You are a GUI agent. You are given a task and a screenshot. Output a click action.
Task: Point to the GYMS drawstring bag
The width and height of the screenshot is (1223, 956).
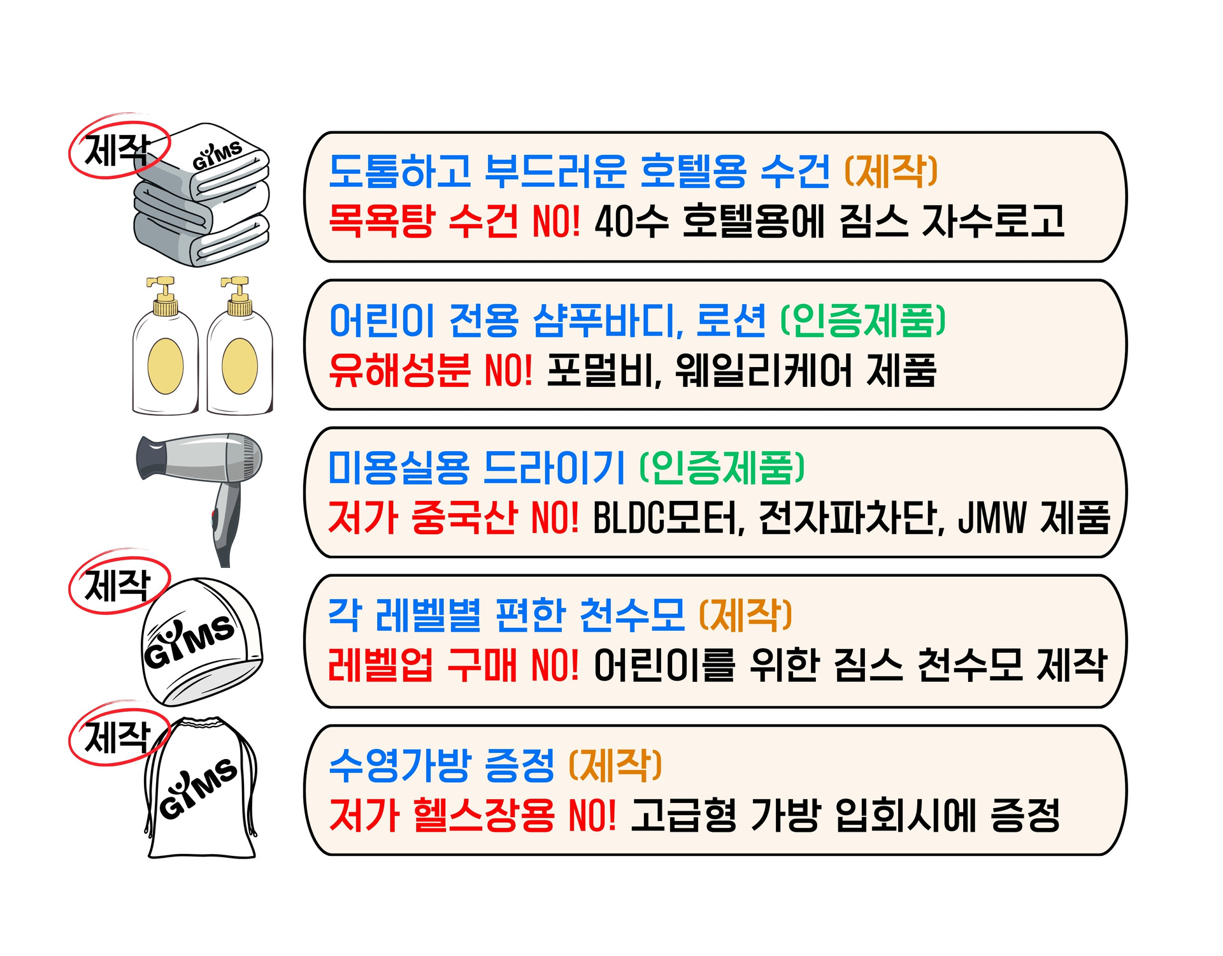tap(201, 790)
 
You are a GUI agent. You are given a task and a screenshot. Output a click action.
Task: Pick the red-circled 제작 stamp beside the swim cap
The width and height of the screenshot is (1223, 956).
tap(118, 583)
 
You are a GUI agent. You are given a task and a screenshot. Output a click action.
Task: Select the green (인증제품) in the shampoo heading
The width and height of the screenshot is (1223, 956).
tap(863, 320)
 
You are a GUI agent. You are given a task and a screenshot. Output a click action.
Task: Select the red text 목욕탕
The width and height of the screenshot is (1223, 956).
tap(381, 221)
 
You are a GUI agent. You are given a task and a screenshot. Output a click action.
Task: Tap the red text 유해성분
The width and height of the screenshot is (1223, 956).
tap(399, 370)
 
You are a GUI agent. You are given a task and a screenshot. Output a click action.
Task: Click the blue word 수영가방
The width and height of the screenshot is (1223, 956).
tap(399, 765)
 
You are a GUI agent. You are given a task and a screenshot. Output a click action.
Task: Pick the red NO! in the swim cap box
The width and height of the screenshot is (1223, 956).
tap(555, 665)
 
